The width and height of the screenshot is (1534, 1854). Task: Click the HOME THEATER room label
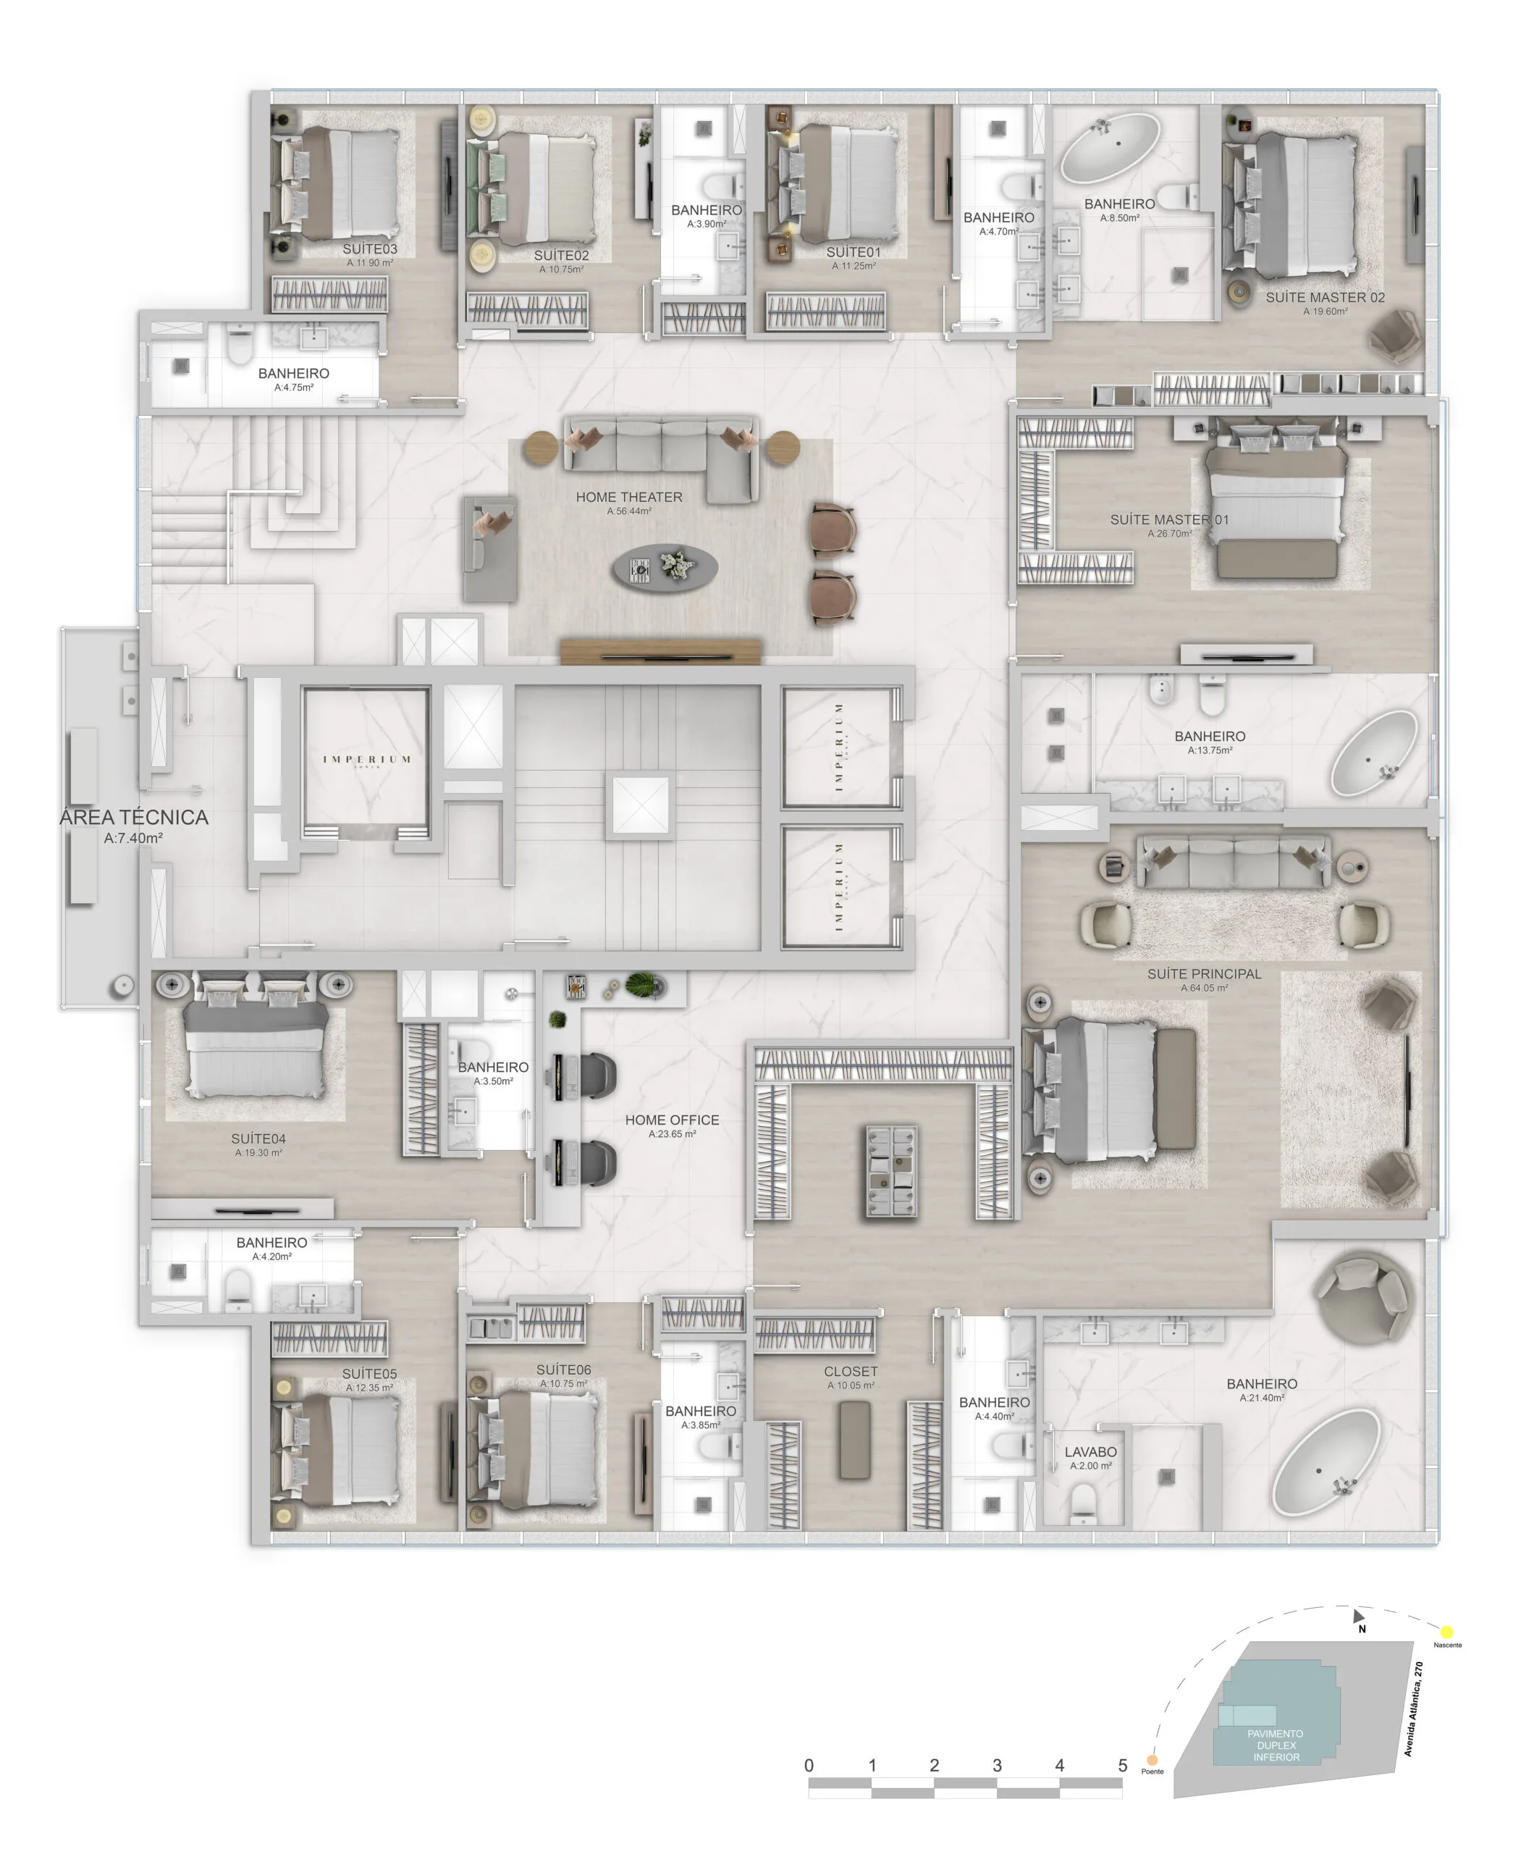pyautogui.click(x=628, y=497)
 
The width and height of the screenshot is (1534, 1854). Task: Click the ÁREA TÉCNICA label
pyautogui.click(x=134, y=818)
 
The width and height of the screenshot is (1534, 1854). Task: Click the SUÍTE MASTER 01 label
pyautogui.click(x=1168, y=519)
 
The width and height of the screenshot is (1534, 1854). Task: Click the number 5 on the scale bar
pyautogui.click(x=1122, y=1765)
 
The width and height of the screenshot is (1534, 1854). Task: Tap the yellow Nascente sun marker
pyautogui.click(x=1446, y=1632)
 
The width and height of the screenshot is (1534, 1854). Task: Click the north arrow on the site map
pyautogui.click(x=1358, y=1616)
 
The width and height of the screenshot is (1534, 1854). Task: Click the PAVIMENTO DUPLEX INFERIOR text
pyautogui.click(x=1276, y=1745)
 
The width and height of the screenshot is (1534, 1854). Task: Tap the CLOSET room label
pyautogui.click(x=850, y=1371)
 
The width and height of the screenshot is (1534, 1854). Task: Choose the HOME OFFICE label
pyautogui.click(x=672, y=1120)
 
